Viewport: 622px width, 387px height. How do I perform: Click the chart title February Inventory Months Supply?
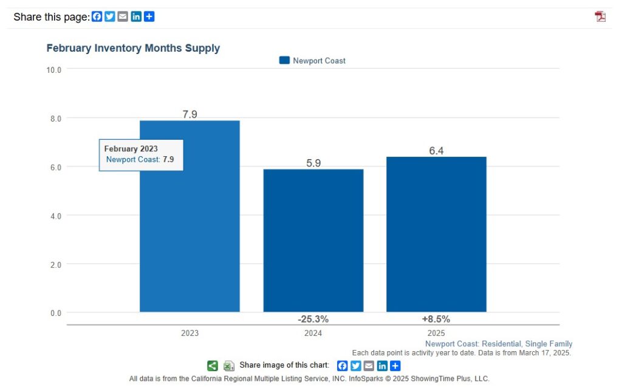coord(133,48)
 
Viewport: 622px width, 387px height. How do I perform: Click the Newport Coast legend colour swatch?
coord(284,60)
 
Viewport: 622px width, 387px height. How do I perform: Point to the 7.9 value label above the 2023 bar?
coord(190,114)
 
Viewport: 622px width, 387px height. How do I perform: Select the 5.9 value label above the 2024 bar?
coord(313,162)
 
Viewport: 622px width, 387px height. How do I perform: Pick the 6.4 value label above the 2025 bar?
coord(436,151)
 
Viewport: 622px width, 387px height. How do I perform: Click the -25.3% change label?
coord(313,319)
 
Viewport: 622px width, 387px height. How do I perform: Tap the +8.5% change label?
coord(436,319)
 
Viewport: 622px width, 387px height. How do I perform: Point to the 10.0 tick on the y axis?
coord(54,70)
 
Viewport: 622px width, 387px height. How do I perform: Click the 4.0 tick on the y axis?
coord(55,216)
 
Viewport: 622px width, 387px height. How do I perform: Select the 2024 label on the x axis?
coord(313,333)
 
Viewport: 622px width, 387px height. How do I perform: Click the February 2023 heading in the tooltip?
coord(131,149)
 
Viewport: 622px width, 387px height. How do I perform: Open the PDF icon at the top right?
coord(600,16)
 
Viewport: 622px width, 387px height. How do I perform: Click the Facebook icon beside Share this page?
coord(97,16)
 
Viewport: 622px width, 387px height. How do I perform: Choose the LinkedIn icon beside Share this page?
coord(136,16)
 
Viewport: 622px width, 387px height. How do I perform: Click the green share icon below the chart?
coord(213,365)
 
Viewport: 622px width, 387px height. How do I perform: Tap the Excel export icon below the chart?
coord(229,365)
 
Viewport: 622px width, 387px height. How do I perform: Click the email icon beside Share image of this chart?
coord(369,365)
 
